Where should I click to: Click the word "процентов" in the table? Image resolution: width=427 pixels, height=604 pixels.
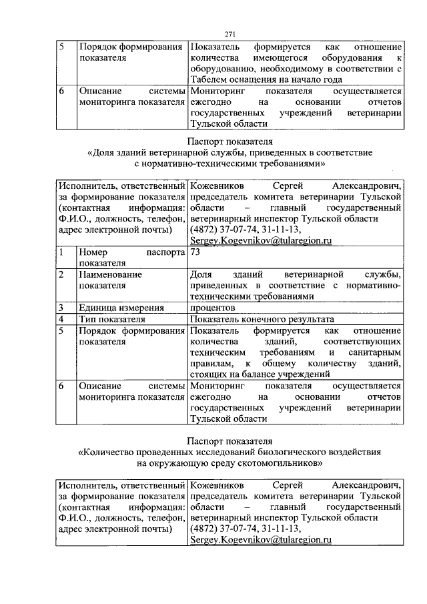point(212,308)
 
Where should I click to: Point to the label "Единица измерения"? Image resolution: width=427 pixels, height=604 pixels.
point(121,308)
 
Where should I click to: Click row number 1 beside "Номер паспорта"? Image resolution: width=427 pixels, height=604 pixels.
point(61,254)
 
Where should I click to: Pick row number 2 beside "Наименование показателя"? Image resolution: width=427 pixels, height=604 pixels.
point(61,274)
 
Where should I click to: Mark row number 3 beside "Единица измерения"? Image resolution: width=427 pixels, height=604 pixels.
point(61,308)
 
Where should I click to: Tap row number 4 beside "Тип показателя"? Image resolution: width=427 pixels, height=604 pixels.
point(61,319)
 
